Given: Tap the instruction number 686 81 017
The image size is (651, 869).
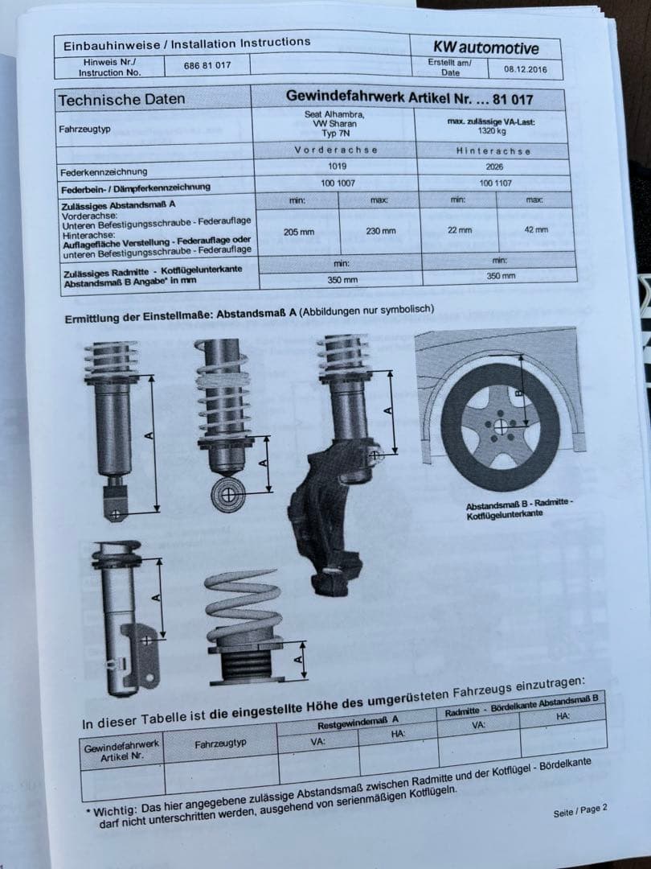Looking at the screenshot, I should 207,65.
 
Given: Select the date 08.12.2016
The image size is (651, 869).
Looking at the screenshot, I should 525,69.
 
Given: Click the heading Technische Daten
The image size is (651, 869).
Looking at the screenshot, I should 121,100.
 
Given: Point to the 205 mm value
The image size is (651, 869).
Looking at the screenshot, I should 299,233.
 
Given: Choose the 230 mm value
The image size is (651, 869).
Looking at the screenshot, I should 380,231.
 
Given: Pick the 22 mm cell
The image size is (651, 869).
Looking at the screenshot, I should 459,229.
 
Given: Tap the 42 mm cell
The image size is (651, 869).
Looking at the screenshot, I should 535,229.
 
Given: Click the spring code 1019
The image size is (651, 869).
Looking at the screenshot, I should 338,167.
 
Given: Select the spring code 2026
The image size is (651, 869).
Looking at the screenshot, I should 495,167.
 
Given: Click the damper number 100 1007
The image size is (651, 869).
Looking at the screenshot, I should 338,183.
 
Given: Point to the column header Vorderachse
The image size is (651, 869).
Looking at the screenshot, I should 336,150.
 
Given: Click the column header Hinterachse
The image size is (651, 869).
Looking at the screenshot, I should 493,150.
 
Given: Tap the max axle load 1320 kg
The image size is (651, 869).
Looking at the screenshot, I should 491,130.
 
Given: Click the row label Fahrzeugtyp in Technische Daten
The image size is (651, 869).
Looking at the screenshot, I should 84,130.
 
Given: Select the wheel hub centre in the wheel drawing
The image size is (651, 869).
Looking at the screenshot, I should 501,427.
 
